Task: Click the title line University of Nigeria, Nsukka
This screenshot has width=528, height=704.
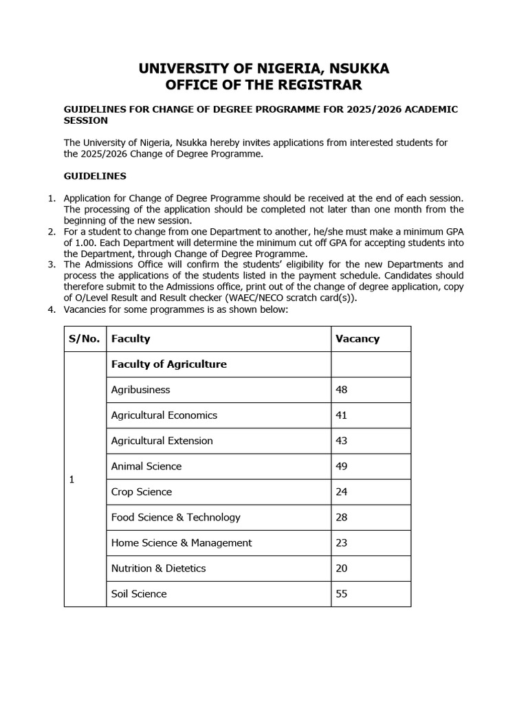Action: click(x=264, y=68)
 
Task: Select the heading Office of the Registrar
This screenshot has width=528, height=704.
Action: click(x=264, y=85)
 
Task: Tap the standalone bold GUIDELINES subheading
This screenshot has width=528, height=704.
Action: click(x=95, y=176)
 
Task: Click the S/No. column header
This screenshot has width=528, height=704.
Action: click(x=85, y=338)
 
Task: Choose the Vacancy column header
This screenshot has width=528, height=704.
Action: click(x=357, y=338)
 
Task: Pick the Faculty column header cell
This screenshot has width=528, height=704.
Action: click(x=131, y=338)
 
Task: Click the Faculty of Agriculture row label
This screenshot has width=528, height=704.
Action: click(x=168, y=364)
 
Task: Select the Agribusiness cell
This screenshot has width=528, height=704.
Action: click(x=140, y=389)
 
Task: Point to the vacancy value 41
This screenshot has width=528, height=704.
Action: click(x=342, y=415)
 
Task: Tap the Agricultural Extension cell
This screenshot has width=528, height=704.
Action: click(x=162, y=441)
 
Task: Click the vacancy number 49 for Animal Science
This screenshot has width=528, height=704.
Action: click(x=342, y=466)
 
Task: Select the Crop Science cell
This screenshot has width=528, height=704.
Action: click(x=141, y=492)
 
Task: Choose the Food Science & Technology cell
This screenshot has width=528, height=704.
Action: click(x=175, y=517)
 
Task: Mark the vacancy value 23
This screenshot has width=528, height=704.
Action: click(x=342, y=542)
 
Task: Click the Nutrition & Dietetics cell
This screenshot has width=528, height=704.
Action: click(x=158, y=568)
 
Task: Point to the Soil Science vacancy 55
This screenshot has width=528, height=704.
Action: click(x=342, y=593)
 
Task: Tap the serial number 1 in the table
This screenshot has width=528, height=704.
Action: click(x=72, y=479)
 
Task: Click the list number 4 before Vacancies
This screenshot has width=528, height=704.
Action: click(x=51, y=309)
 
